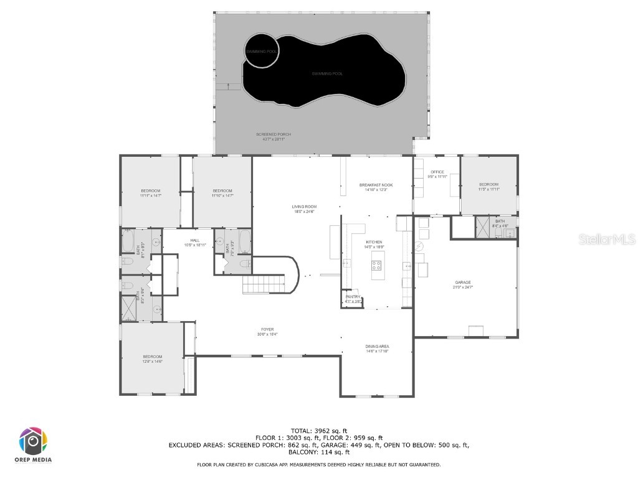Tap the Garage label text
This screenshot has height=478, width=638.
coord(462,284)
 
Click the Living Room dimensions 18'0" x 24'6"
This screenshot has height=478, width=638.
coord(304,211)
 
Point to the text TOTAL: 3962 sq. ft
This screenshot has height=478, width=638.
coord(319,431)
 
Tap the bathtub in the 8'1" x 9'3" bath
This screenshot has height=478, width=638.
coord(130,240)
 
